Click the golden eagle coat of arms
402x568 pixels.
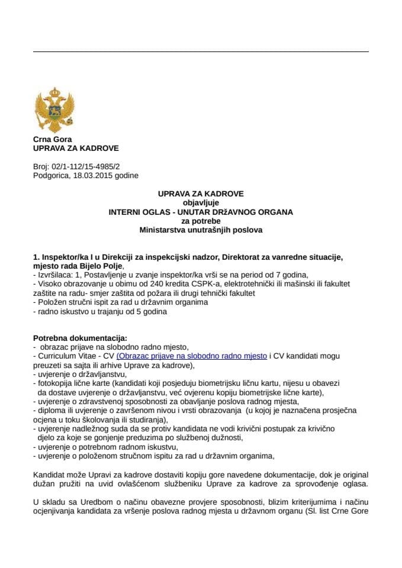[54, 110]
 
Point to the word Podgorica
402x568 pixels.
[53, 176]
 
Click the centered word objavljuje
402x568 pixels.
[201, 202]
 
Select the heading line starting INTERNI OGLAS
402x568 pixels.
[201, 211]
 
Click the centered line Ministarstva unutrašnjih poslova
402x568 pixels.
[201, 229]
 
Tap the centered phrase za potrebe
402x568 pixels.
[201, 220]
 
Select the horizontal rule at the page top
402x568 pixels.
[201, 51]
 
